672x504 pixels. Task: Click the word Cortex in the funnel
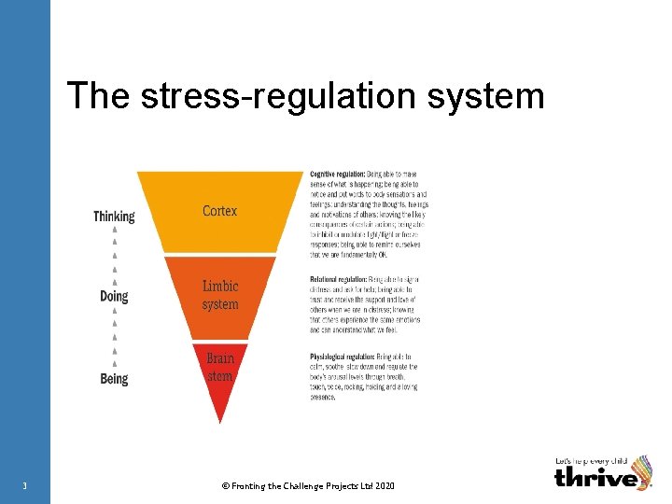[x=219, y=211]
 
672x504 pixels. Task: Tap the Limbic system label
[x=220, y=295]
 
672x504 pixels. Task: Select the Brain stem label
[x=220, y=367]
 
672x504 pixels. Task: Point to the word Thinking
[x=114, y=217]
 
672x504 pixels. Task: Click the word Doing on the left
[x=114, y=297]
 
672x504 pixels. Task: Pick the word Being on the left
[x=114, y=379]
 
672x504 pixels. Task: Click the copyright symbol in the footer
[x=224, y=485]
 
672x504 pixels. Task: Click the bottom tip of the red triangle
[x=220, y=422]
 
